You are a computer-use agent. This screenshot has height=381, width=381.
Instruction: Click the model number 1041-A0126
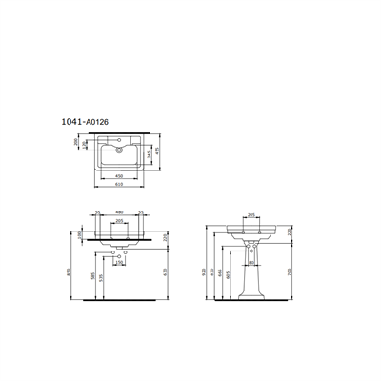coord(85,122)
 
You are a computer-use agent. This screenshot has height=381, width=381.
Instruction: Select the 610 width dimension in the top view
coord(118,184)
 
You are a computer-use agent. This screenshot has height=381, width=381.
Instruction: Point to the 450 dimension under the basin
coord(118,176)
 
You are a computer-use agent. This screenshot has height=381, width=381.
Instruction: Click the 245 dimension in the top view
coord(148,155)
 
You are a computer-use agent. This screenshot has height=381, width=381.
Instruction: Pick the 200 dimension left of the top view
coord(75,141)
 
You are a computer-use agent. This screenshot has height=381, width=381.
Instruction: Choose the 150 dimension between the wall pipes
coord(119,262)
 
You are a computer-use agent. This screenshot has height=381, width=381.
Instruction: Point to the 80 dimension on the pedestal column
coord(251,262)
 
